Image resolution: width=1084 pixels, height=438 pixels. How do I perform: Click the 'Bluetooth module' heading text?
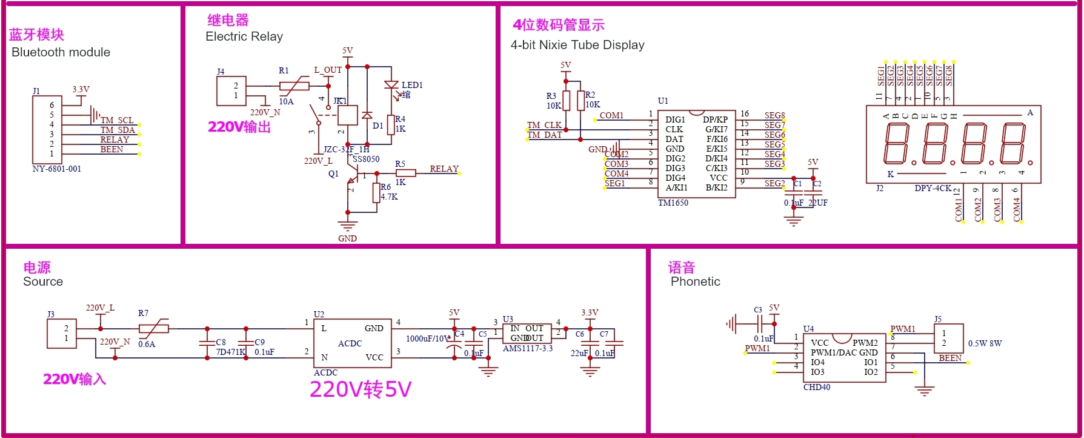click(61, 52)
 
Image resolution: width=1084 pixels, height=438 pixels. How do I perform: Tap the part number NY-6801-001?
click(56, 169)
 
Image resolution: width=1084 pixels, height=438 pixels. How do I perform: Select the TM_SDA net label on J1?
click(118, 130)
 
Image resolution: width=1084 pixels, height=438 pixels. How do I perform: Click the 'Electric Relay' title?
click(244, 36)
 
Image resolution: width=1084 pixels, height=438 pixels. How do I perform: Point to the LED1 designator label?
click(412, 85)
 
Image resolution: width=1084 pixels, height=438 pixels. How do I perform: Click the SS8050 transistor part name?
click(366, 159)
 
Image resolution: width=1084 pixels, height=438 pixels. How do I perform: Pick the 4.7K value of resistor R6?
click(389, 197)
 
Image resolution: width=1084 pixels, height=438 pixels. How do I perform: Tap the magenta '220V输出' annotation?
click(239, 127)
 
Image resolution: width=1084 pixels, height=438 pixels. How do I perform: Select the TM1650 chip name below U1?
click(673, 203)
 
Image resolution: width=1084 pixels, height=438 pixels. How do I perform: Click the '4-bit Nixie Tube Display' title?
click(577, 45)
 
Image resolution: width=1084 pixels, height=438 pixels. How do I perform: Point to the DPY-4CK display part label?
click(933, 188)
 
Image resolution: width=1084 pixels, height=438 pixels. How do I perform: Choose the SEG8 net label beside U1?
click(774, 115)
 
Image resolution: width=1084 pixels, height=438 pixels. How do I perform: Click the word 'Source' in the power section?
click(43, 281)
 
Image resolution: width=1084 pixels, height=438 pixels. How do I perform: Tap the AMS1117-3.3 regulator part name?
click(528, 349)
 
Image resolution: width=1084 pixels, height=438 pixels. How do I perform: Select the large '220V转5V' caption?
click(361, 389)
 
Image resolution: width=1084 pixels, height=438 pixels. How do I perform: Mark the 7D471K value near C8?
click(231, 352)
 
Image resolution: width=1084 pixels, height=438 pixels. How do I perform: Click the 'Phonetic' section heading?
click(696, 281)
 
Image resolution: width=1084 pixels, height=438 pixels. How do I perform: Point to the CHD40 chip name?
click(817, 387)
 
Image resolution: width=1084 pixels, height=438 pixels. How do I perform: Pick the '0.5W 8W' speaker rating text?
click(985, 343)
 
